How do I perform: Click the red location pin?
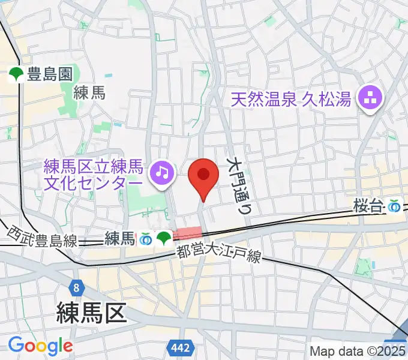(203, 176)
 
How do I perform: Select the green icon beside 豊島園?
(16, 74)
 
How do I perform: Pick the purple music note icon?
(161, 173)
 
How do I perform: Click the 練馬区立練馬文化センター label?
(94, 173)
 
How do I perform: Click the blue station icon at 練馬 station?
(145, 239)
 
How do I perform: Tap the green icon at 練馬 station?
(163, 239)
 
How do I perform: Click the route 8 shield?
(77, 272)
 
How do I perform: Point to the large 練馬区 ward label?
(91, 312)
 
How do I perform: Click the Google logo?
(40, 346)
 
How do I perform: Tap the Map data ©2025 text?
(358, 351)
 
